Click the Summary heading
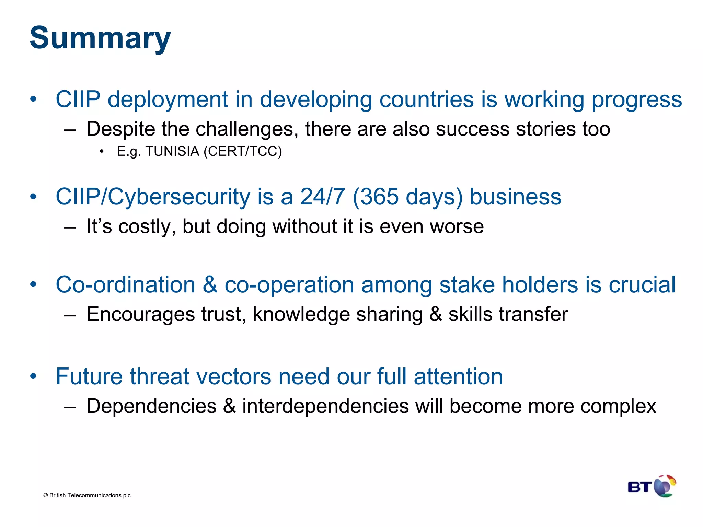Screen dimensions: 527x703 pyautogui.click(x=100, y=38)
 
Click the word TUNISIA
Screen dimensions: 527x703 pyautogui.click(x=172, y=151)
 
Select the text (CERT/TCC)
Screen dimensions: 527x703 pyautogui.click(x=243, y=151)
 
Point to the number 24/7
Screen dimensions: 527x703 pyautogui.click(x=322, y=197)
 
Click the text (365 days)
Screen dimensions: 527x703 pyautogui.click(x=408, y=197)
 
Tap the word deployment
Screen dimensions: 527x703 pyautogui.click(x=168, y=99)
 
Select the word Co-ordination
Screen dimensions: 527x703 pyautogui.click(x=126, y=285)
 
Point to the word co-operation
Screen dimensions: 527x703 pyautogui.click(x=289, y=285)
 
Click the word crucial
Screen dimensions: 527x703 pyautogui.click(x=642, y=285)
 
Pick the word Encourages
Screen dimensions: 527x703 pyautogui.click(x=141, y=314)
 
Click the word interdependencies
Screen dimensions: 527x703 pyautogui.click(x=325, y=406)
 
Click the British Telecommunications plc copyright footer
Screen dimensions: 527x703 pyautogui.click(x=87, y=495)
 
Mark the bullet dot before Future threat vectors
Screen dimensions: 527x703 pyautogui.click(x=33, y=376)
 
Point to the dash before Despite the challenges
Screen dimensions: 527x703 pyautogui.click(x=70, y=130)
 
